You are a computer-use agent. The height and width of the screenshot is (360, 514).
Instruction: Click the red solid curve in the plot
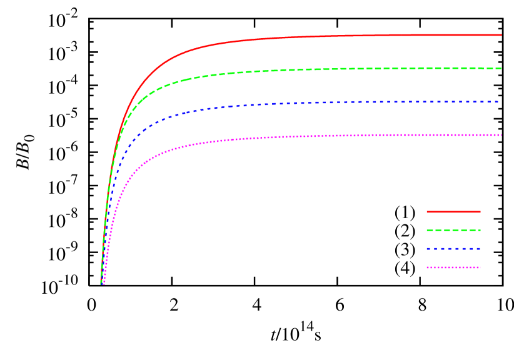[x=313, y=36]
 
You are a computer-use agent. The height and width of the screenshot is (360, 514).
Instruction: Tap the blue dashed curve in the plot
[x=313, y=102]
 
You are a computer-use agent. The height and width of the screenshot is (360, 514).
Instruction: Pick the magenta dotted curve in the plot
[x=313, y=136]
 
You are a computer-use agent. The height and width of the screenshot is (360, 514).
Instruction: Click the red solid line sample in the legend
[x=453, y=212]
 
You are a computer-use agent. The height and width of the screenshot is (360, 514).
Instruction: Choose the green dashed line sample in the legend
[x=453, y=231]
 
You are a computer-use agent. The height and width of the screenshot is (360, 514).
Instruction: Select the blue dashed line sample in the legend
[x=453, y=249]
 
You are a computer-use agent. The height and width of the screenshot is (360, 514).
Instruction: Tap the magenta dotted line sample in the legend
[x=453, y=267]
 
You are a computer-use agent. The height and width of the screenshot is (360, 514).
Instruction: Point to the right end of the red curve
[x=501, y=35]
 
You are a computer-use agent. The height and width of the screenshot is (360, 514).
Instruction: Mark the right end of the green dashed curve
[x=501, y=68]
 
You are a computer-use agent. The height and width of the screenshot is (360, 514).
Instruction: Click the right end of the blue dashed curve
[x=498, y=102]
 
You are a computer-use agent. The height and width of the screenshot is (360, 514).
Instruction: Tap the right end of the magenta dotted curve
[x=501, y=135]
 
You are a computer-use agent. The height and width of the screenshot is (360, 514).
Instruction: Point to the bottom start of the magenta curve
[x=104, y=284]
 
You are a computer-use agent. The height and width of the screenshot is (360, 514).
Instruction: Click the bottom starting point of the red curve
[x=101, y=284]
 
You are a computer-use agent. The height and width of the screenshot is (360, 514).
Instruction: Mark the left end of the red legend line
[x=427, y=212]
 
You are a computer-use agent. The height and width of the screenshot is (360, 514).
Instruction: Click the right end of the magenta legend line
[x=480, y=267]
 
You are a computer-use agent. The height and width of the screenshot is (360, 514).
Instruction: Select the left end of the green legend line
[x=427, y=231]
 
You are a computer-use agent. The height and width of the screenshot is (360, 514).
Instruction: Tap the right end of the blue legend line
[x=480, y=249]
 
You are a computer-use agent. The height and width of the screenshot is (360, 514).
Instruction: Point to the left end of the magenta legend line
[x=427, y=267]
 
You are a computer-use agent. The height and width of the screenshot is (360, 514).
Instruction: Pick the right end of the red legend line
[x=480, y=212]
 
